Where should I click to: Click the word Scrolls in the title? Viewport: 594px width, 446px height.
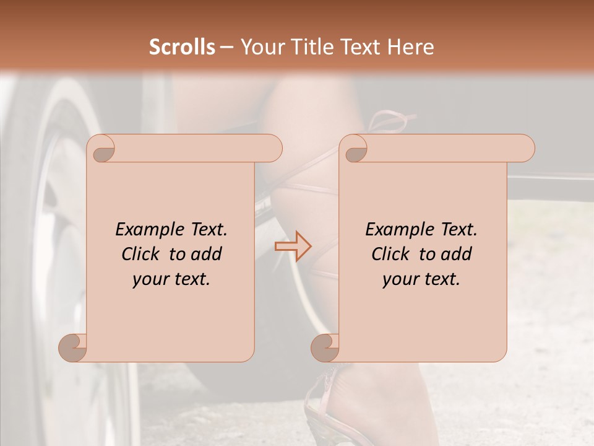click(182, 47)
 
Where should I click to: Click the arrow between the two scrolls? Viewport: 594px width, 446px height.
click(293, 247)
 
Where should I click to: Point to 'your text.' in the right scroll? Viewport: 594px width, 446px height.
click(421, 279)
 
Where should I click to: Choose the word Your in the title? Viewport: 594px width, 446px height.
click(260, 47)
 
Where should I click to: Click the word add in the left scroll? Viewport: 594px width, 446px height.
click(207, 254)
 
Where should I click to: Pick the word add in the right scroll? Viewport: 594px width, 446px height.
click(457, 254)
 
